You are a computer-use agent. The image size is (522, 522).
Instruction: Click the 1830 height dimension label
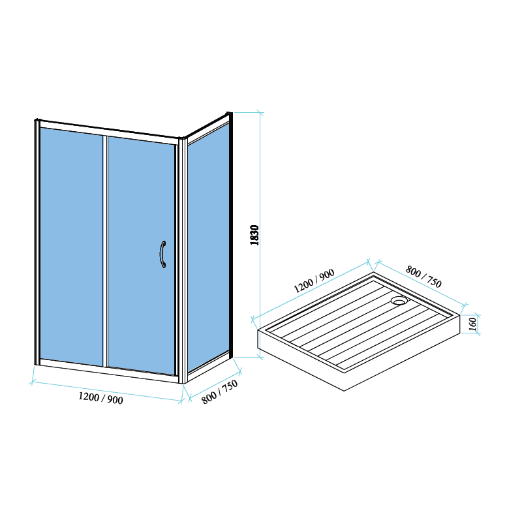[x=254, y=235]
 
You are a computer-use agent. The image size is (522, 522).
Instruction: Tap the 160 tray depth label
[x=472, y=324]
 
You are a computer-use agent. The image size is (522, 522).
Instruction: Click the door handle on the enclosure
[x=162, y=254]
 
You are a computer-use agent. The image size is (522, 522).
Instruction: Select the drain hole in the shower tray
[x=399, y=301]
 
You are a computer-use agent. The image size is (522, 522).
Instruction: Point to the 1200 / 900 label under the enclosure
[x=100, y=398]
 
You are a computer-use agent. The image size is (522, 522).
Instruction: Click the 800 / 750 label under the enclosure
[x=220, y=392]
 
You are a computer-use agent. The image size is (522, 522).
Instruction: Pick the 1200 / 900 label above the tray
[x=314, y=281]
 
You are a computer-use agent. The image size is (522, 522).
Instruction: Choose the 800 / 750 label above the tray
[x=423, y=276]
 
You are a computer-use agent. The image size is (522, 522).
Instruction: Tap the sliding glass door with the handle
[x=141, y=255]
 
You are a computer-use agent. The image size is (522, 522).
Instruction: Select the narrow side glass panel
[x=208, y=247]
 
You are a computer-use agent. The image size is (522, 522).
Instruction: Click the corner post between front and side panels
[x=183, y=260]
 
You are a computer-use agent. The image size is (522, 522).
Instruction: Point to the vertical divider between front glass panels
[x=105, y=251]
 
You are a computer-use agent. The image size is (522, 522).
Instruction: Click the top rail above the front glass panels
[x=109, y=132]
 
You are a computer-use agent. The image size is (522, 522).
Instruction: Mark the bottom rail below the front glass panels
[x=109, y=371]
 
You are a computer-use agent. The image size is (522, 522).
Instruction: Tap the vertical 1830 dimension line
[x=260, y=235]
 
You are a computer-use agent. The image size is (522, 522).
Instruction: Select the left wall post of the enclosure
[x=37, y=241]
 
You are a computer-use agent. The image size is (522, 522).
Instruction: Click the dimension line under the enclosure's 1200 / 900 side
[x=106, y=392]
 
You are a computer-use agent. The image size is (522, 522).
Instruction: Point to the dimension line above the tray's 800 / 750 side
[x=421, y=283]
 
